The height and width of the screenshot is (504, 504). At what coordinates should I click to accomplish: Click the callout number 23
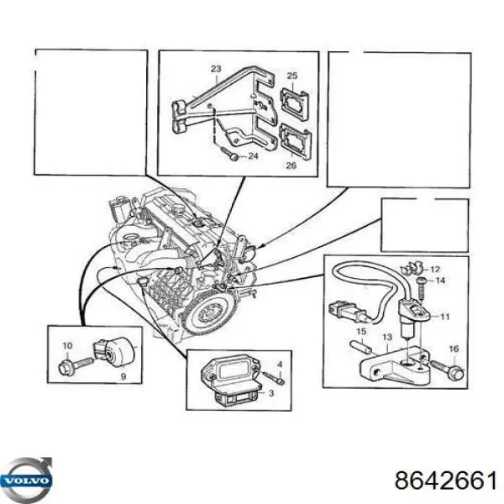pyautogui.click(x=216, y=69)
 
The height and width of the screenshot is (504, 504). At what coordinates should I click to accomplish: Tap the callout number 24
pyautogui.click(x=254, y=156)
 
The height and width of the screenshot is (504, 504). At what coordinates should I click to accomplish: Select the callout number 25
pyautogui.click(x=291, y=76)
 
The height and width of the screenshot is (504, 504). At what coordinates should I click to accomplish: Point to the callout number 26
pyautogui.click(x=291, y=165)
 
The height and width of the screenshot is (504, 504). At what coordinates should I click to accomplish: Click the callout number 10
pyautogui.click(x=67, y=346)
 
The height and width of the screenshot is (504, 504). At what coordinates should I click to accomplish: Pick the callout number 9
pyautogui.click(x=123, y=376)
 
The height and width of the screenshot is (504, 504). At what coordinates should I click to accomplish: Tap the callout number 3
pyautogui.click(x=271, y=393)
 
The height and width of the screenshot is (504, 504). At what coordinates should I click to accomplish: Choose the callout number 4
pyautogui.click(x=280, y=365)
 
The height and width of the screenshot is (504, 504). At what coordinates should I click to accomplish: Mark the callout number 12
pyautogui.click(x=434, y=270)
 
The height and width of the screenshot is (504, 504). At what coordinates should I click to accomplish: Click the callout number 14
pyautogui.click(x=440, y=281)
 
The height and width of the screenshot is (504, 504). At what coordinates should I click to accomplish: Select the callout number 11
pyautogui.click(x=444, y=317)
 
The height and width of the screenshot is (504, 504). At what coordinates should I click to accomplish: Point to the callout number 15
pyautogui.click(x=361, y=331)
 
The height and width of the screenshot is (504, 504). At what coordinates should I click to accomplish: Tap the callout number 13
pyautogui.click(x=387, y=337)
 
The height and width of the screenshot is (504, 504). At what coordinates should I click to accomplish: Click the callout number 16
pyautogui.click(x=454, y=349)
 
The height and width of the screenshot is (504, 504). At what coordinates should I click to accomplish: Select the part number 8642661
pyautogui.click(x=445, y=481)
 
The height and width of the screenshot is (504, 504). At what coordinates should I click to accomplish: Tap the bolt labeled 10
pyautogui.click(x=76, y=366)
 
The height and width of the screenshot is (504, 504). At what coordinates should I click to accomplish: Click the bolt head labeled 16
pyautogui.click(x=458, y=373)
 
